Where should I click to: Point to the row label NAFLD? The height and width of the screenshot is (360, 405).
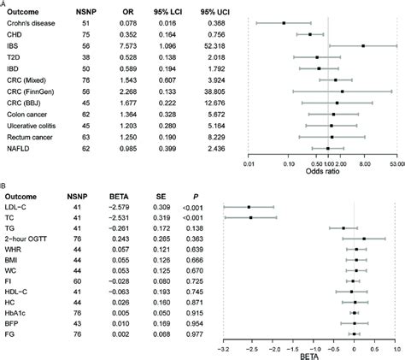coord(24,147)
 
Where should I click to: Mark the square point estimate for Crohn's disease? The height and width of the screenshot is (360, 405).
coord(285,23)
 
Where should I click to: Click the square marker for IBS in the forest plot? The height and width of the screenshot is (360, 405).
coord(363,45)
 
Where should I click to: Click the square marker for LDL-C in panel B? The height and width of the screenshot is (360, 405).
coord(249,206)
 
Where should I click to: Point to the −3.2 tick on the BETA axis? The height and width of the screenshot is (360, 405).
coord(223,349)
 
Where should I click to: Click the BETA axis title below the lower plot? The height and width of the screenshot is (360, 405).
coord(308,357)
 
